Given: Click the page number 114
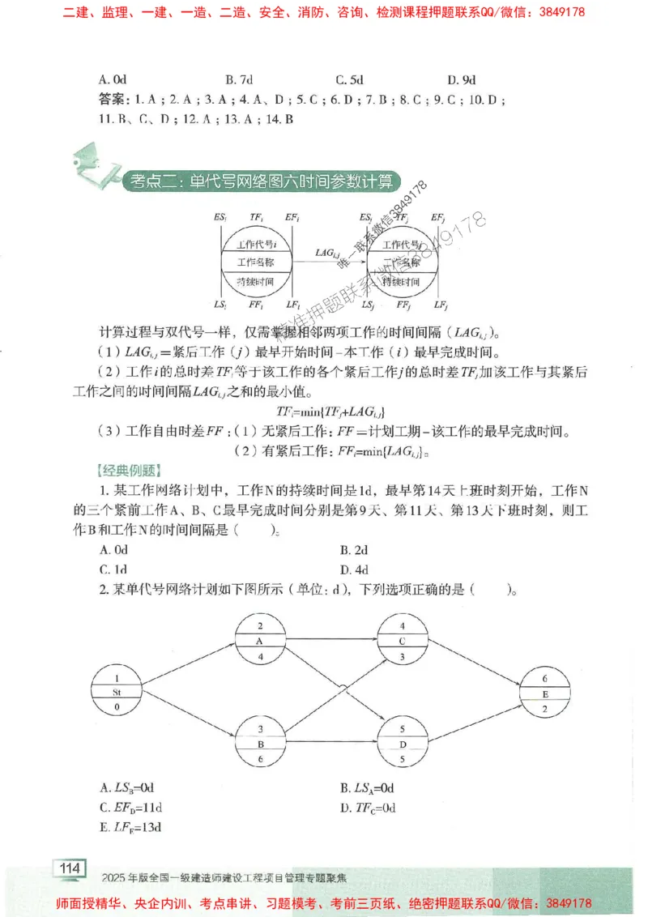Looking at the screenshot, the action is point(70,868).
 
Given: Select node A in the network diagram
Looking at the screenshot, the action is point(260,639).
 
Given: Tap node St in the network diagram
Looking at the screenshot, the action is point(117,692).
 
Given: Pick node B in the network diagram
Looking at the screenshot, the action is point(260,743).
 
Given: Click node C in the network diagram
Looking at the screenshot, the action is point(403,639).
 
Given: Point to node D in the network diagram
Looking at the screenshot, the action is point(403,743).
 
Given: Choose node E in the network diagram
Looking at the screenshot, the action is point(545,692).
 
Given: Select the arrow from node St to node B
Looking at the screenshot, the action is point(188,718).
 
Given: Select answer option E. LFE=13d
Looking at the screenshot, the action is point(130,827).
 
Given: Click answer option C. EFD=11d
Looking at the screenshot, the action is point(130,807).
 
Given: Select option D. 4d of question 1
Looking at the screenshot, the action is point(354,569).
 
